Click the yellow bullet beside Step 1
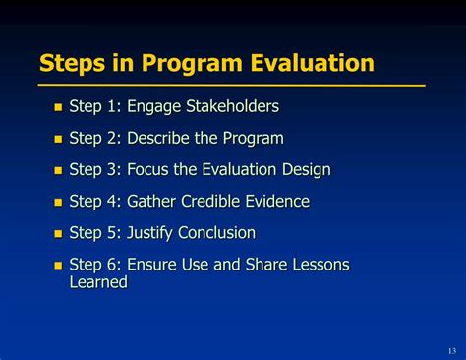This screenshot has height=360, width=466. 57,107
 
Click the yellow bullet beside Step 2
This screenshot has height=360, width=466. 57,140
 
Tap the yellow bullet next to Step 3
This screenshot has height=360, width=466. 57,171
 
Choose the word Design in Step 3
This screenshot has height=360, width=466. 304,170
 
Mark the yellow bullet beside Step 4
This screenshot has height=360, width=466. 57,203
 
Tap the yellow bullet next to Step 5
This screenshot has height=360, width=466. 57,234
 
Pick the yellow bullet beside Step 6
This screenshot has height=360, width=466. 57,266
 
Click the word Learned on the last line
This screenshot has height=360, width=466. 98,282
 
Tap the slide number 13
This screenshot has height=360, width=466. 451,351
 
